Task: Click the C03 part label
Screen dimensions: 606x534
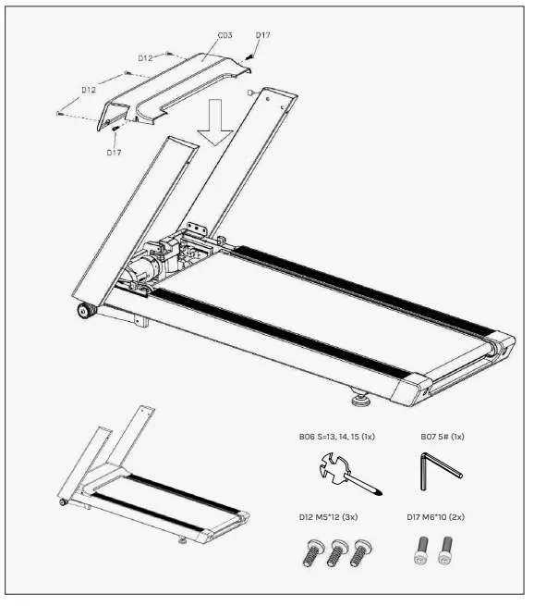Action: (x=225, y=35)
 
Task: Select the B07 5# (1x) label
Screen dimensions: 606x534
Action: (x=443, y=435)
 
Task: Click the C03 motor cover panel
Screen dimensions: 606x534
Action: (x=176, y=88)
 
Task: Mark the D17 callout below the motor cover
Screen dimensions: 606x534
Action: (x=114, y=152)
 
